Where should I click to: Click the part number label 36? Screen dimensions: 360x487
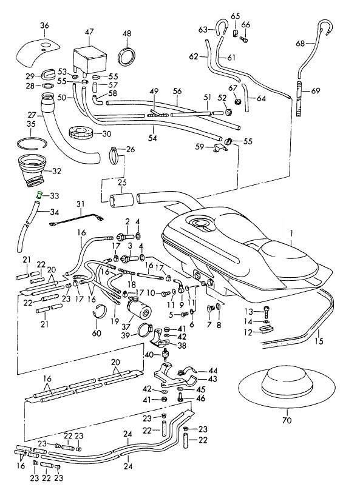point(44,25)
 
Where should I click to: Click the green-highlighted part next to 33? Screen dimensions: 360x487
point(39,195)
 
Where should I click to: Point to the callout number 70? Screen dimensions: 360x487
point(287,420)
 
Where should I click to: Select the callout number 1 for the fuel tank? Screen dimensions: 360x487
point(291,232)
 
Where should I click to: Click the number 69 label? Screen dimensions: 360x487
point(316,91)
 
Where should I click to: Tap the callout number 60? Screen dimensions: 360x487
point(97,334)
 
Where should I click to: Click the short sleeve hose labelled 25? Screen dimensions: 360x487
point(122,200)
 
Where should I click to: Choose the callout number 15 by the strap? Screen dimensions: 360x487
point(319,341)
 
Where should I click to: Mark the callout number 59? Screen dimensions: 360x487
point(200,146)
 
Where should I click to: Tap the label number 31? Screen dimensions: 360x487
point(81,204)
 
